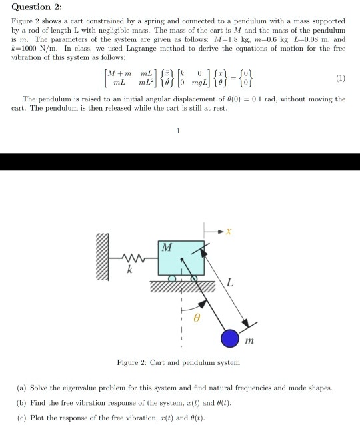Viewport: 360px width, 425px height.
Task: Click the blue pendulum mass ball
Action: point(231,338)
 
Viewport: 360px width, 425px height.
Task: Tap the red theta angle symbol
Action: point(197,320)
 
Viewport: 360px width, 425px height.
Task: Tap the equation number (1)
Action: point(341,77)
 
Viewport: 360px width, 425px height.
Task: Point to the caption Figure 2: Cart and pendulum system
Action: point(179,363)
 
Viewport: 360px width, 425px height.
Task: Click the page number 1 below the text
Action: point(179,130)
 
